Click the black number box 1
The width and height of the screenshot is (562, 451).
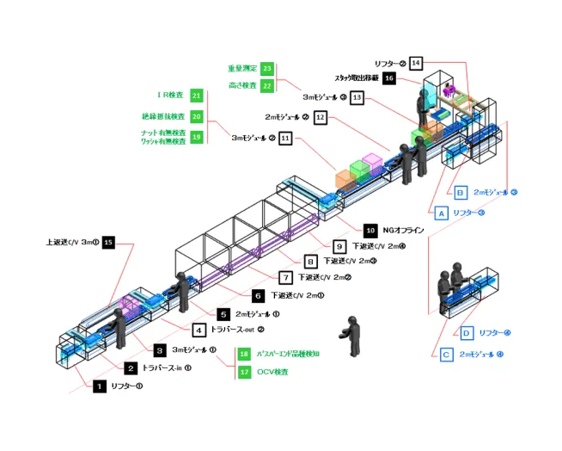(100, 387)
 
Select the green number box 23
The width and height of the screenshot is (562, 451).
(267, 68)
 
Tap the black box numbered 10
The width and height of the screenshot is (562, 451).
(370, 231)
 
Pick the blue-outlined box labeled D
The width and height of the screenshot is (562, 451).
(466, 332)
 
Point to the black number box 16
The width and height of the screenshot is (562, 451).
(413, 78)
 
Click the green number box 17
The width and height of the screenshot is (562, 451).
(243, 372)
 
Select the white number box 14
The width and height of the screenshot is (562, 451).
(416, 63)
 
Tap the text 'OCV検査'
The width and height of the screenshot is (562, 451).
(272, 372)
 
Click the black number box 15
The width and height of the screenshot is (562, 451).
(108, 243)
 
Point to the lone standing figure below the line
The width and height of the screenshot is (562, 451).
(350, 333)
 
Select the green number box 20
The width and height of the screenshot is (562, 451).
(197, 116)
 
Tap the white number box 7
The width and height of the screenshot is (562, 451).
(284, 277)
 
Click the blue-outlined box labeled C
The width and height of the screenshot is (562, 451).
(447, 354)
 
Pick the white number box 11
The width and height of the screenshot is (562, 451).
(285, 137)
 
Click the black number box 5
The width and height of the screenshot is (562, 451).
(223, 314)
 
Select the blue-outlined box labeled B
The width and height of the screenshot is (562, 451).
(461, 192)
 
